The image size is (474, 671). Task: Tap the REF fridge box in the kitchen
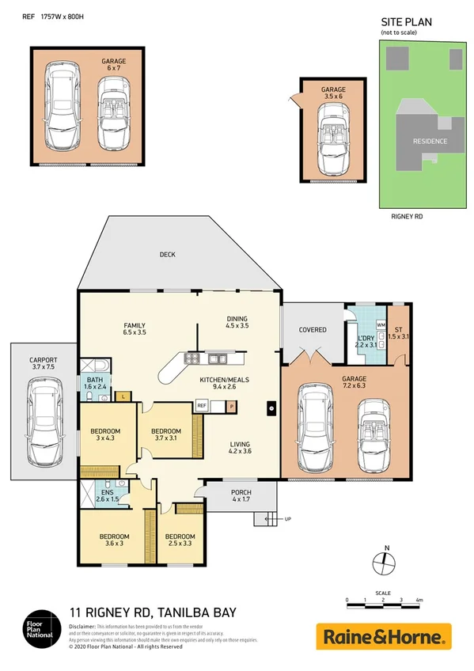click(201, 405)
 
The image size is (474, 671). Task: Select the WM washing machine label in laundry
click(381, 325)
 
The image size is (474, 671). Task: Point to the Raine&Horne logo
click(384, 635)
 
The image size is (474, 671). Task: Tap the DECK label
click(167, 255)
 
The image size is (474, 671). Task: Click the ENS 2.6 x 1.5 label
click(106, 495)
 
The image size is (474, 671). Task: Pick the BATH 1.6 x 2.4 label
click(97, 383)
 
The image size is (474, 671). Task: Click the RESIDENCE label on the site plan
click(430, 142)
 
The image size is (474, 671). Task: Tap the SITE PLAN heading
click(406, 23)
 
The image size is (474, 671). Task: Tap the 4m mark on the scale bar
click(419, 600)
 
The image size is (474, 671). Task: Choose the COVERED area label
click(312, 329)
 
